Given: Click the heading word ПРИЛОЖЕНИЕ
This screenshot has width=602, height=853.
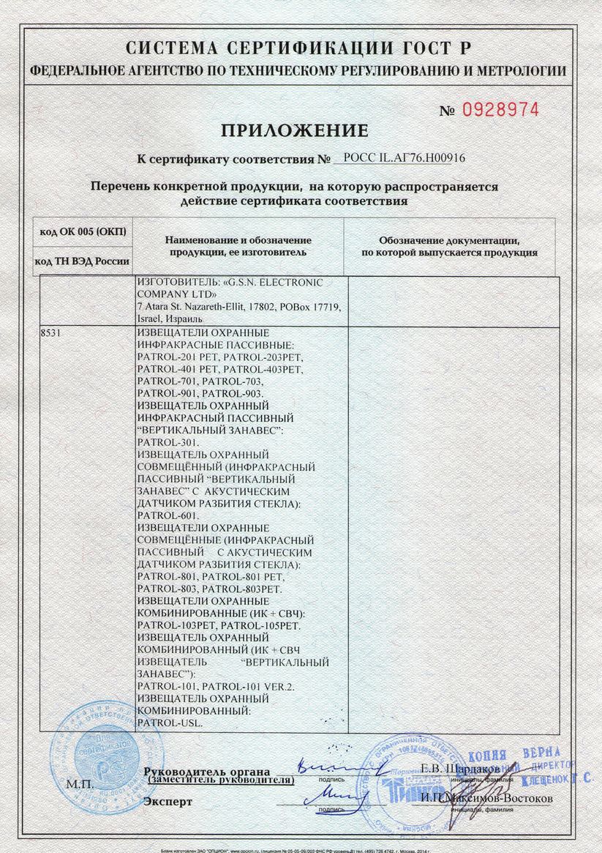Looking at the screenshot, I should pos(294,131).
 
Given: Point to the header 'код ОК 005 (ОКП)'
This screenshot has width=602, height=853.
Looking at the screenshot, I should pos(83,231).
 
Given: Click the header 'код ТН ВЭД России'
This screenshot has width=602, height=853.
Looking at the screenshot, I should pos(83,261).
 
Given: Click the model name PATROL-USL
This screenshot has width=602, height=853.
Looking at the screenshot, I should pos(169,723).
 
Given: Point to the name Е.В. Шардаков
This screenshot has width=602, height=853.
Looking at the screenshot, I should pos(461,769).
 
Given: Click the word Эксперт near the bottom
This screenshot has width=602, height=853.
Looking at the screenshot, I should pos(168,802).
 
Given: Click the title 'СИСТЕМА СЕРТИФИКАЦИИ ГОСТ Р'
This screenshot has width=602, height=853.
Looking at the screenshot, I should pos(298,49).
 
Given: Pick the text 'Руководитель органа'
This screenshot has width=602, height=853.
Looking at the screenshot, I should pos(207,772).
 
